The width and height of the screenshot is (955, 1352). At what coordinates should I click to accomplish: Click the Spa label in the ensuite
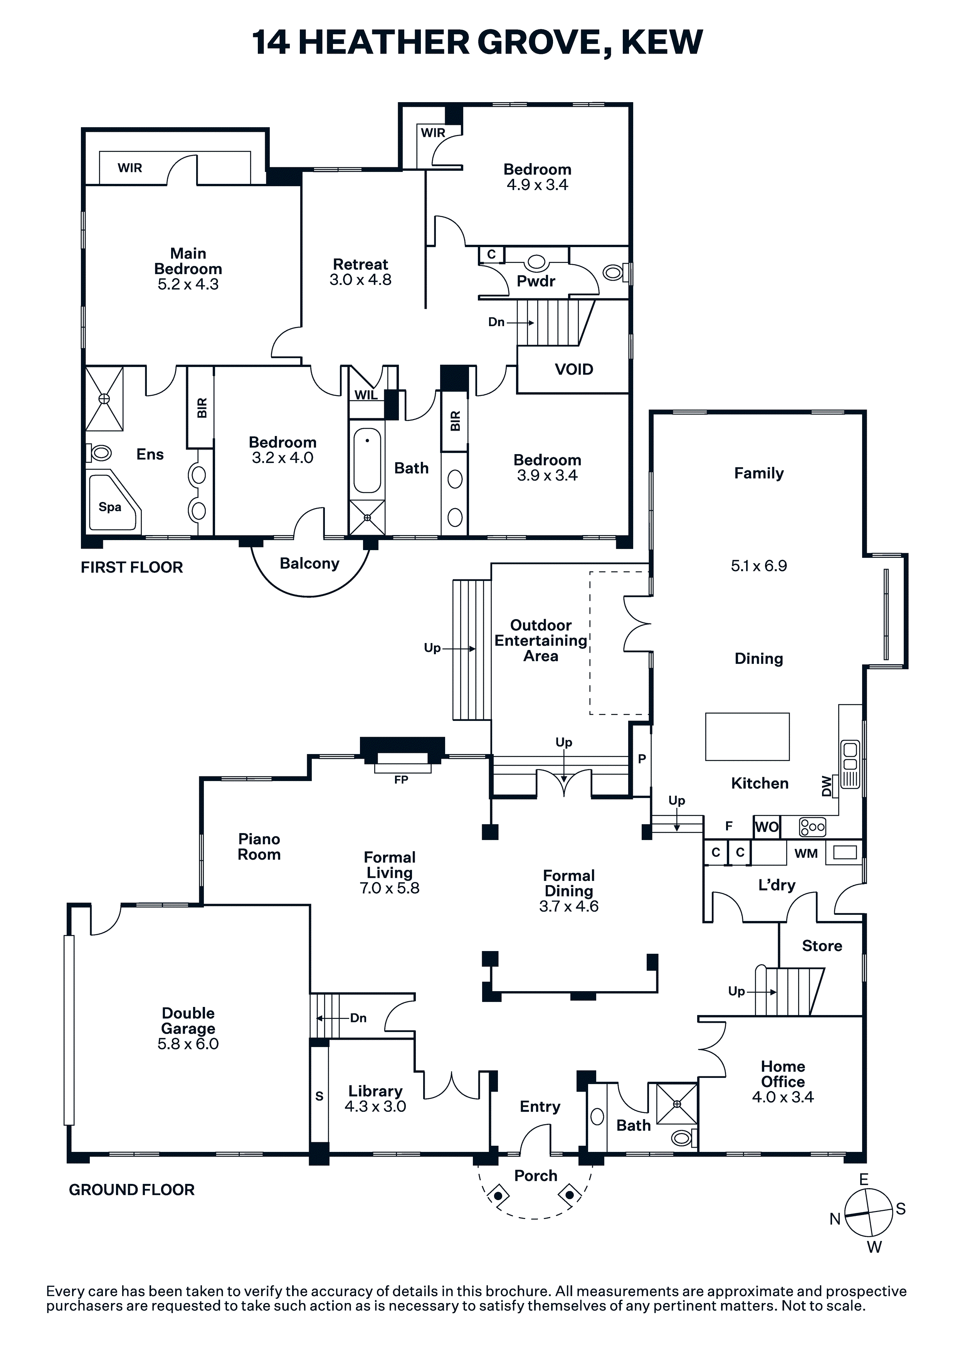click(x=110, y=507)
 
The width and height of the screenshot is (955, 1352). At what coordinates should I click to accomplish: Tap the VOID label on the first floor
click(x=574, y=369)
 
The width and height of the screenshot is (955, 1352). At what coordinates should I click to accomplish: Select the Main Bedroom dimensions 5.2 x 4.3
click(x=188, y=285)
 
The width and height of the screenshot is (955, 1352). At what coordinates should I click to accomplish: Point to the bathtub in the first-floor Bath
click(x=367, y=460)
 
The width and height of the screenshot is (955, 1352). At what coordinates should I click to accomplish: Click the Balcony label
click(x=310, y=564)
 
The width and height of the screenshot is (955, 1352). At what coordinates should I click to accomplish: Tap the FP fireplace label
click(x=401, y=780)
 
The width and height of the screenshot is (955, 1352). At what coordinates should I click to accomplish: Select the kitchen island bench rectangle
click(x=747, y=737)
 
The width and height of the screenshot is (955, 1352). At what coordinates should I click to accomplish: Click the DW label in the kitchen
click(x=827, y=786)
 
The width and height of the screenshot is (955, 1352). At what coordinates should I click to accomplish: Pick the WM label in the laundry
click(x=806, y=853)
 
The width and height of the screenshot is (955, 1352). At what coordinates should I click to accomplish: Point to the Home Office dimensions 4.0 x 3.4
click(x=782, y=1097)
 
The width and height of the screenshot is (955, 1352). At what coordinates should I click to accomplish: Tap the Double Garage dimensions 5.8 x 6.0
click(x=188, y=1044)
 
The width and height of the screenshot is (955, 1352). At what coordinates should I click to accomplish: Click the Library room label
click(x=375, y=1091)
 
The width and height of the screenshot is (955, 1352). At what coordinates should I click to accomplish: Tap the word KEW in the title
click(x=662, y=42)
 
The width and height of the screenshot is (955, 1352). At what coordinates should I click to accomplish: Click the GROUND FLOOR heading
click(x=132, y=1189)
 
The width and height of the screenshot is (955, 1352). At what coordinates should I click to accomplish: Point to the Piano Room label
click(x=259, y=847)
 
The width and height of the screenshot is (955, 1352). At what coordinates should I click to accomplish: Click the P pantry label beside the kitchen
click(x=642, y=759)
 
